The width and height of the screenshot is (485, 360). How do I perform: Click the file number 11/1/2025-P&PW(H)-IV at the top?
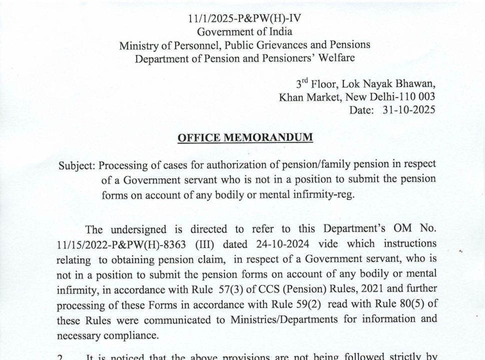(x=244, y=19)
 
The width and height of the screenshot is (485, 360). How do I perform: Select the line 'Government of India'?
(x=244, y=32)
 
